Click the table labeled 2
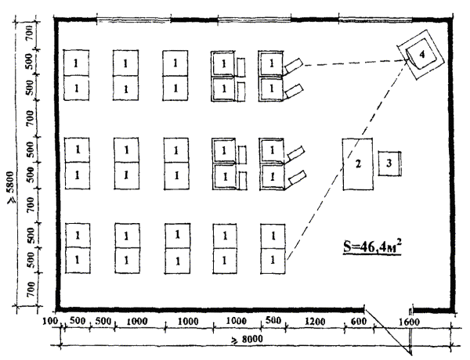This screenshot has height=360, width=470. pos(358,164)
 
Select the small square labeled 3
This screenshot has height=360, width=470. pos(389,164)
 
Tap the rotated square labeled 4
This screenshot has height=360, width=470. pos(421,55)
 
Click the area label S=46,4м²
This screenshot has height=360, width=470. pos(372,247)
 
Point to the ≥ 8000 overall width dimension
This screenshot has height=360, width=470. pos(247,340)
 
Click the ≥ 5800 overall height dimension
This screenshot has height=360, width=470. pos(11,188)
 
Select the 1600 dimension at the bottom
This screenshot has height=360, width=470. pos(409,322)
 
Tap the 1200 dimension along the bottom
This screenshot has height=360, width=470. pos(315,322)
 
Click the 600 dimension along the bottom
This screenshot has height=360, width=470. pos(359,322)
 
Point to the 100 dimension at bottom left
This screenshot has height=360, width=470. pos(50,321)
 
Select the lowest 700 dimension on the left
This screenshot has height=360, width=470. pos(31,290)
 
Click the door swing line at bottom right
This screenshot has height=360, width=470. pos(388,332)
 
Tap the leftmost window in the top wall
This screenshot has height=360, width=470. pos(134,20)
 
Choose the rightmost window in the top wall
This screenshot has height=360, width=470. pos(375,20)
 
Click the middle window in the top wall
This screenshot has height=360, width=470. pos(254,20)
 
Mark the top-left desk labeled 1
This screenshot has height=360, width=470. pos(76,63)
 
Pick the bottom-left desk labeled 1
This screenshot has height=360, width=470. pos(78,261)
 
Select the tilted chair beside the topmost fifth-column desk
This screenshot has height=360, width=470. pos(294,65)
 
